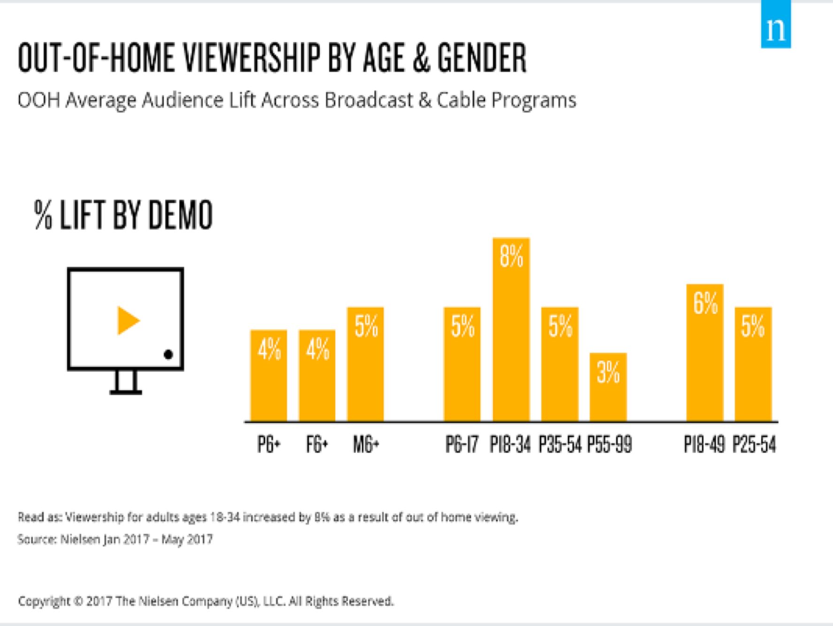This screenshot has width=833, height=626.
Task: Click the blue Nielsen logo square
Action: click(x=775, y=25)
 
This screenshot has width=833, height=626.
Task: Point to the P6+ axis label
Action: click(x=269, y=444)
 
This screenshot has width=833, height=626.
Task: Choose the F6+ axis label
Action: click(x=317, y=444)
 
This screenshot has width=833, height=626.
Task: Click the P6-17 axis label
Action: click(x=462, y=444)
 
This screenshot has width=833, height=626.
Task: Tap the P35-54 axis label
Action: click(x=560, y=444)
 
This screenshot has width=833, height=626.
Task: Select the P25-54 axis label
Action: click(x=754, y=444)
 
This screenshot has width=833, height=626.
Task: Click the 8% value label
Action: click(x=511, y=256)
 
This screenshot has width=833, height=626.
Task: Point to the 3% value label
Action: click(x=608, y=372)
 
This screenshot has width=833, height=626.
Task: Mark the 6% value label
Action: click(x=705, y=303)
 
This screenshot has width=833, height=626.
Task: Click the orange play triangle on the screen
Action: click(x=128, y=321)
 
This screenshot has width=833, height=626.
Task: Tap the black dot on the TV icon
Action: click(x=168, y=355)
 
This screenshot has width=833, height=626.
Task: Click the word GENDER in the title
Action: click(x=482, y=58)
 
